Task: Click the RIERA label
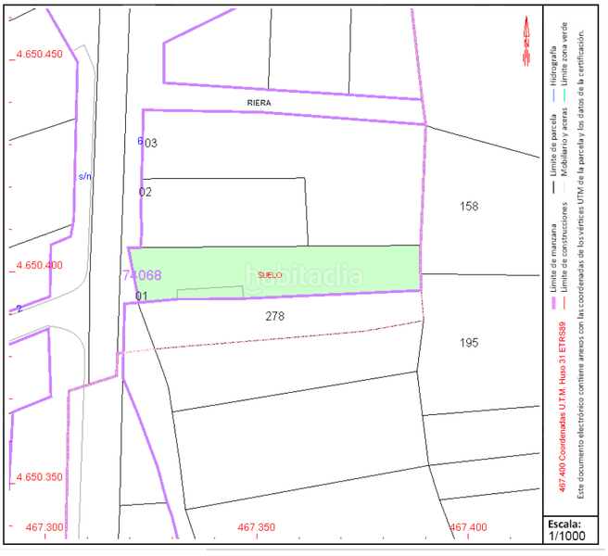[259, 102]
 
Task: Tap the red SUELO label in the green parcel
[270, 274]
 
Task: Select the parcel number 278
[274, 316]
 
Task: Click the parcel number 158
[469, 206]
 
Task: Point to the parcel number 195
[469, 343]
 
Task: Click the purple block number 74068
[142, 275]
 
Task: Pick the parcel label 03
[151, 144]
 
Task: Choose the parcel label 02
[146, 192]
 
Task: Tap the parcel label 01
[142, 297]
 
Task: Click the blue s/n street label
[85, 175]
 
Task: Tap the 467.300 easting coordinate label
[45, 527]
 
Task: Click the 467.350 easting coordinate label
[257, 527]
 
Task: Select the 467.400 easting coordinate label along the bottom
[468, 527]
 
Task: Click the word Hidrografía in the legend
[554, 59]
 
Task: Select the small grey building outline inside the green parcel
[209, 292]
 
